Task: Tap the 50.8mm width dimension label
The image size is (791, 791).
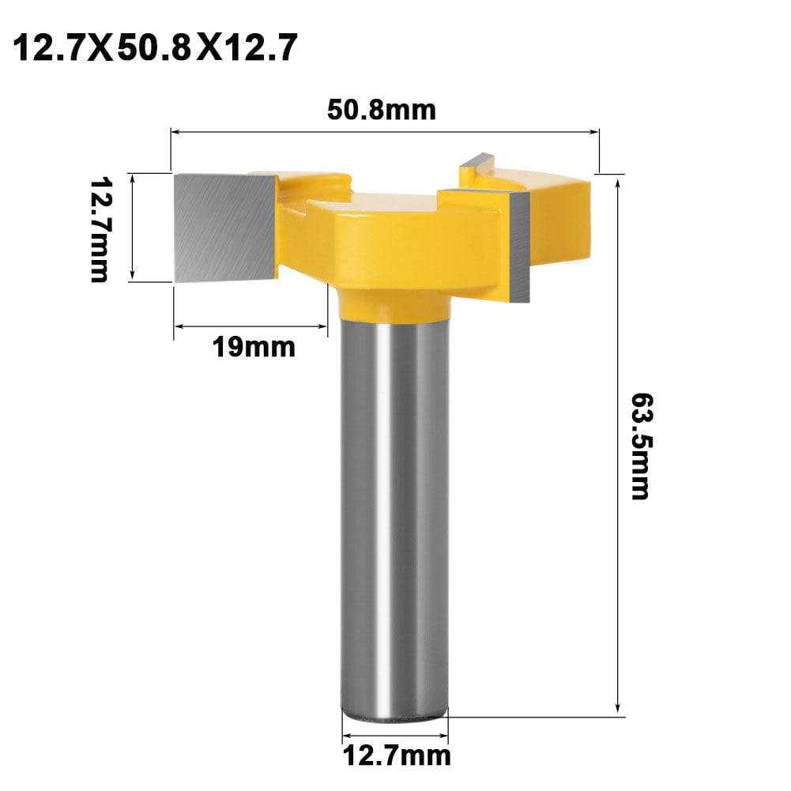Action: pos(382,110)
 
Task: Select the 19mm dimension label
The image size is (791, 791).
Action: pos(253,345)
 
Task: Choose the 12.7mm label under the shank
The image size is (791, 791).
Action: pos(396,756)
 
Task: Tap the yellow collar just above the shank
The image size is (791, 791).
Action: pos(393,303)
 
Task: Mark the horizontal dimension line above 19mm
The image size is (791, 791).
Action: pos(250,325)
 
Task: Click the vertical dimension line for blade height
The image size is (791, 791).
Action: pos(134,227)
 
